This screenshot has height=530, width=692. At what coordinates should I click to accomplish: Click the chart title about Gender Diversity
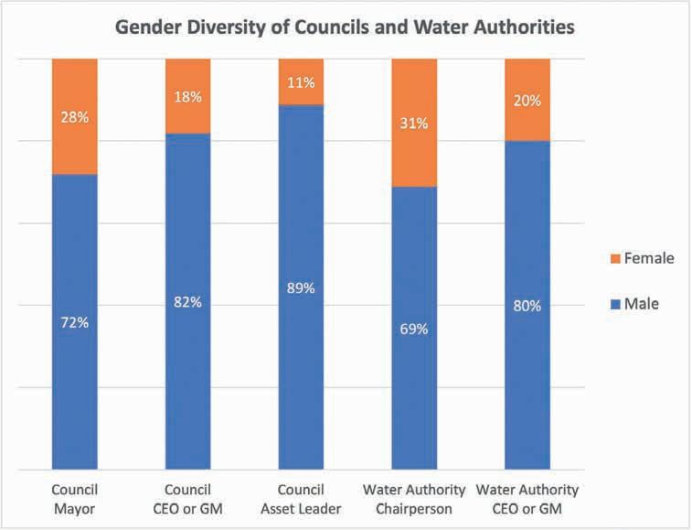(x=345, y=27)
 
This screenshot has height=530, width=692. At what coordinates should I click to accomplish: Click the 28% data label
(x=75, y=117)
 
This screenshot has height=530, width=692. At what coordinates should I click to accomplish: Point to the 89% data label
(x=301, y=287)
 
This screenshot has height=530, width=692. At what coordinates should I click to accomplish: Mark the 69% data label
(x=414, y=329)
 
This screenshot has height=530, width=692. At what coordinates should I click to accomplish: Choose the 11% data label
(x=301, y=82)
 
